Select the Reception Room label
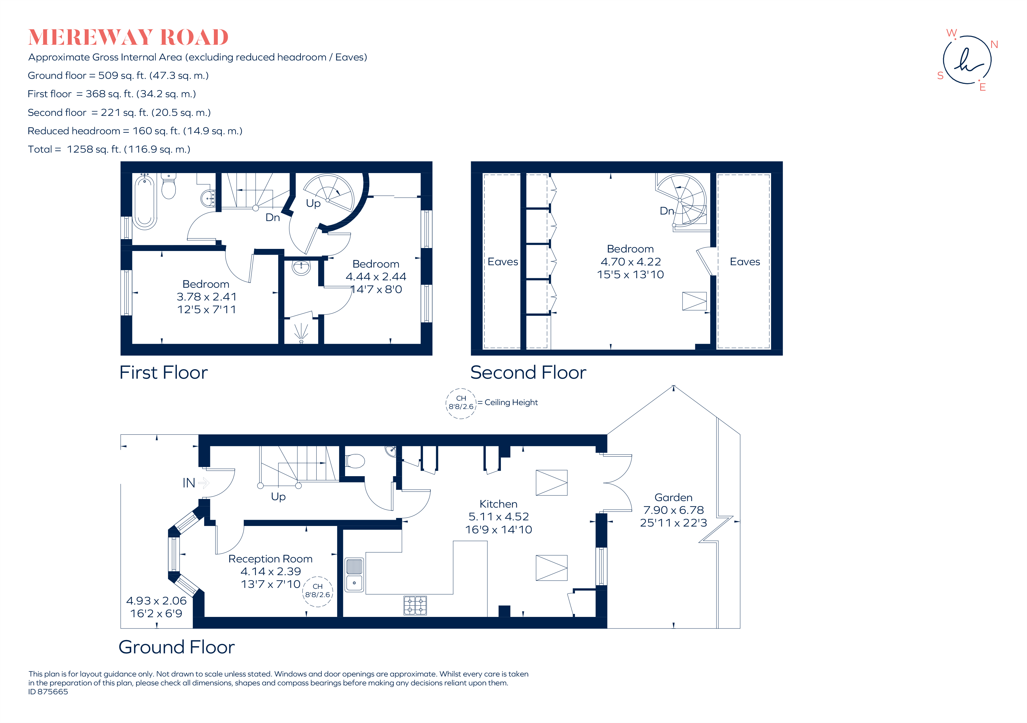tap(270, 559)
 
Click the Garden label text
tap(673, 498)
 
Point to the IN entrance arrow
tap(204, 483)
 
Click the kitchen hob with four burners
tap(415, 606)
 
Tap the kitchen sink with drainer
tap(354, 575)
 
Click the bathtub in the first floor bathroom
tap(145, 202)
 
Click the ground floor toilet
tap(355, 461)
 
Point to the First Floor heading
tap(164, 373)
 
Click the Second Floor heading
tap(528, 373)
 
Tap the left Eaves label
tap(503, 262)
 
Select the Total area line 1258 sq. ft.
tap(109, 149)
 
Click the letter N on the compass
tap(994, 44)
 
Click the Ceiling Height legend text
tap(511, 402)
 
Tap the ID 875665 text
tap(48, 692)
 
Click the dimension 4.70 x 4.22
tap(631, 262)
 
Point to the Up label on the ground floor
tap(278, 497)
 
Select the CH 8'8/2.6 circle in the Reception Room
tap(318, 591)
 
